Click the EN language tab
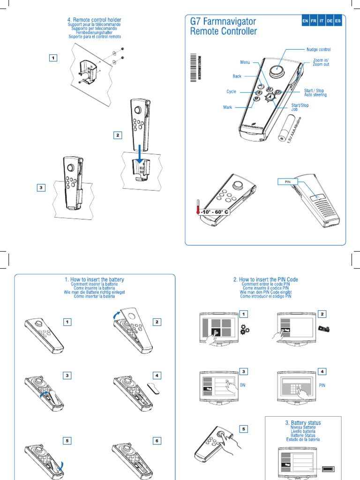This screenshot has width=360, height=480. click(305, 22)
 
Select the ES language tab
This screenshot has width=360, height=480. click(337, 22)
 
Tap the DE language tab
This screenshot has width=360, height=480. click(330, 22)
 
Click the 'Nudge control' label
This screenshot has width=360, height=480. click(318, 49)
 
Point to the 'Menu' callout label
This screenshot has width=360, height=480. click(245, 62)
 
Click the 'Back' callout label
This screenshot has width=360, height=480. click(237, 76)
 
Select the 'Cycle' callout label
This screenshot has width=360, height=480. click(231, 92)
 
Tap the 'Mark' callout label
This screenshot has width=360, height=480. click(228, 107)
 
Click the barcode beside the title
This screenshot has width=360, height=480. click(193, 68)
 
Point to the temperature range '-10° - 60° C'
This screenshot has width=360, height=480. click(215, 212)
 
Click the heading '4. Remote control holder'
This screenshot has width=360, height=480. click(94, 20)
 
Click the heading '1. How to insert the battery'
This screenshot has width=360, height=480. click(94, 279)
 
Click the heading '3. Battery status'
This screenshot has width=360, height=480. click(303, 422)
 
